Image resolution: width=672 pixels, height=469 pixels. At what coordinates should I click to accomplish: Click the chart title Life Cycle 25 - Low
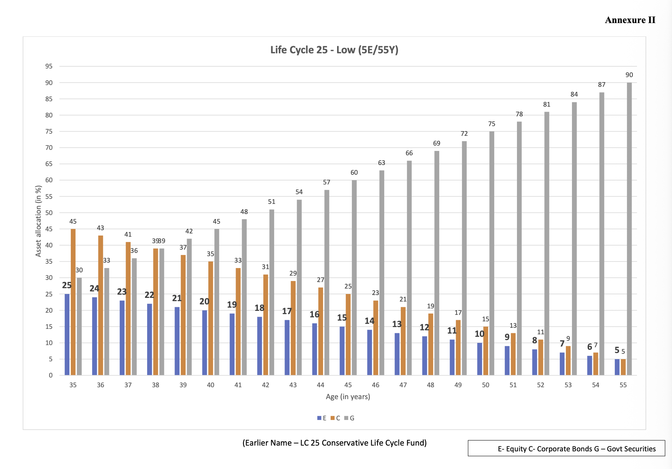[x=334, y=50]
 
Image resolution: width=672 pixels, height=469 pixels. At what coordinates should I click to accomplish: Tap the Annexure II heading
[x=630, y=20]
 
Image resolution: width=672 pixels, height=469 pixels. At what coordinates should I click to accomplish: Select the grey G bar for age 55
[x=629, y=229]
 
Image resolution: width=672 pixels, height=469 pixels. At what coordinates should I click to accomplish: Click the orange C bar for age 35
[x=73, y=302]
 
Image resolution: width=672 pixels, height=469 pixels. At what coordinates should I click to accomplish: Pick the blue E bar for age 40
[x=204, y=343]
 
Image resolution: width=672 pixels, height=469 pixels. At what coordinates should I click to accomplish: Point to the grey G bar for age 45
[x=354, y=277]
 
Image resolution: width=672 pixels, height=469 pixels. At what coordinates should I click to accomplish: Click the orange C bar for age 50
[x=486, y=351]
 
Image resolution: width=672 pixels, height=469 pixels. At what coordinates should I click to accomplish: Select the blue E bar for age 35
[x=67, y=334]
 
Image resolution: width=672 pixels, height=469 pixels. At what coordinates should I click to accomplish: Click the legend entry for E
[x=322, y=418]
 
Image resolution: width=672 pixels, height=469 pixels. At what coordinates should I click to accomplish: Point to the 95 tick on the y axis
[x=49, y=66]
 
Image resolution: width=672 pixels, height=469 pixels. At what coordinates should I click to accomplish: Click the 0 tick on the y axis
[x=51, y=375]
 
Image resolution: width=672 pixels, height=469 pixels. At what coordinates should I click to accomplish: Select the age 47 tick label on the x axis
[x=403, y=385]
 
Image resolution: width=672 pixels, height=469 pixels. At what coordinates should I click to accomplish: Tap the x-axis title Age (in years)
[x=348, y=397]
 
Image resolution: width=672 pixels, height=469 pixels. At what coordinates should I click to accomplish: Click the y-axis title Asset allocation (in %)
[x=38, y=221]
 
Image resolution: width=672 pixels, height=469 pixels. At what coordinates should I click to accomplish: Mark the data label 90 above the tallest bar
[x=629, y=75]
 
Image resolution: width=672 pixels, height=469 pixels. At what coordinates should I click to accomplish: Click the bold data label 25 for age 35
[x=67, y=285]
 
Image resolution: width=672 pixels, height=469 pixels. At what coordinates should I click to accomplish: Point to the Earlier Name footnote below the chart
[x=334, y=443]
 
